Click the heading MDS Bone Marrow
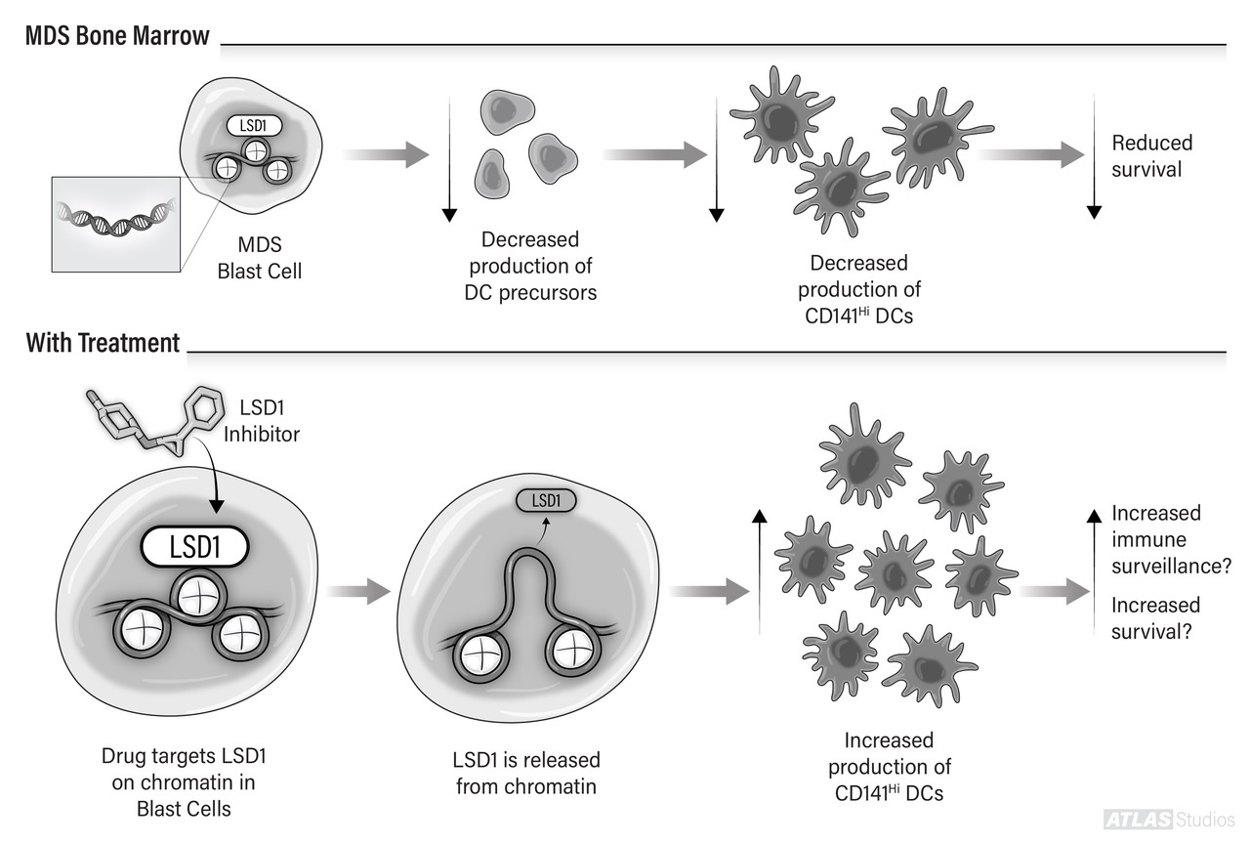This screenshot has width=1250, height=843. click(x=117, y=37)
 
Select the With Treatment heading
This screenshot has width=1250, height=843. click(x=103, y=343)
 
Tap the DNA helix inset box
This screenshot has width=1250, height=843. click(x=115, y=224)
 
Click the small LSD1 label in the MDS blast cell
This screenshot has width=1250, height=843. click(x=253, y=126)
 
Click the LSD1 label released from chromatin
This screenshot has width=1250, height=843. click(x=546, y=500)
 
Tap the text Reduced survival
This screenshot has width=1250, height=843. click(x=1151, y=156)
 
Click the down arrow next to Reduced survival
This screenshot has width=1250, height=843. click(x=1094, y=156)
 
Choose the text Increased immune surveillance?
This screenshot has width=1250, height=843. click(x=1169, y=539)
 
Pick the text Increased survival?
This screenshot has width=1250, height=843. click(x=1155, y=617)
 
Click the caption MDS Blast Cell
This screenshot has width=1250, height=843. click(x=260, y=258)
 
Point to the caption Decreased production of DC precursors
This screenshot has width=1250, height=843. click(x=530, y=265)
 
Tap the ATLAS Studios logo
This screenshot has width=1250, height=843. click(x=1168, y=819)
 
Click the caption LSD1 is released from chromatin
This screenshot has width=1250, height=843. click(x=526, y=772)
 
